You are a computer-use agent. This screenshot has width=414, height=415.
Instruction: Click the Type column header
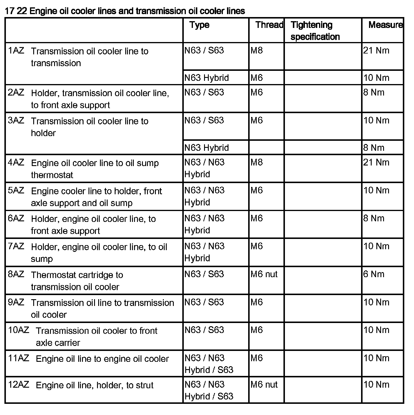coord(199,25)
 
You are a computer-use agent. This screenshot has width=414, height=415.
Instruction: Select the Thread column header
coord(269,25)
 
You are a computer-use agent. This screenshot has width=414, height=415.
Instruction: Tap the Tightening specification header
coord(315,31)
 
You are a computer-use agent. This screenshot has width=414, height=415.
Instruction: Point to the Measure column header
coord(385,25)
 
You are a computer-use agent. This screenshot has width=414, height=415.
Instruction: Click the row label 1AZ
coord(16,51)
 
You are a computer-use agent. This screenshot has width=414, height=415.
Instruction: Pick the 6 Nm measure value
coord(374,274)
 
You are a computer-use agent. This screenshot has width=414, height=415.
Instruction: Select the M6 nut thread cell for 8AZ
coord(264,274)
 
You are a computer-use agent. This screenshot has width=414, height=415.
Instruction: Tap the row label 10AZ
coord(19,330)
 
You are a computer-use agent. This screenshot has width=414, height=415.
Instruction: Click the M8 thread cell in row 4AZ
coord(257,162)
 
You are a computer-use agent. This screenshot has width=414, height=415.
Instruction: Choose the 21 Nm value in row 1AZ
coord(376,51)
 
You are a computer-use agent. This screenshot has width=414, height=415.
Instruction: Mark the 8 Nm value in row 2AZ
coord(374,92)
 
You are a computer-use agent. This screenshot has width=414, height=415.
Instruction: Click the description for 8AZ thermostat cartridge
coord(77,281)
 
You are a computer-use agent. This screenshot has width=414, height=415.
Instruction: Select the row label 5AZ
coord(16,190)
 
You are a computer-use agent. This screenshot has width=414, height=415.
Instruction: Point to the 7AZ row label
coord(16,246)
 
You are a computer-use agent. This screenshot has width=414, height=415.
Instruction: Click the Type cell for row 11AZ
coord(209,364)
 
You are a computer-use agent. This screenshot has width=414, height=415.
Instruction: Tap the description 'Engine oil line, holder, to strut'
coord(94,385)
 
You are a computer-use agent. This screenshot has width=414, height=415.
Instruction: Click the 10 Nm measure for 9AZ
coord(376,302)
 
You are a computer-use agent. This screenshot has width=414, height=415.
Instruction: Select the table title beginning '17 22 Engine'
coord(125,11)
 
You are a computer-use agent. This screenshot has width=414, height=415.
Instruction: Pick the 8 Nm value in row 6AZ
coord(374,218)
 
